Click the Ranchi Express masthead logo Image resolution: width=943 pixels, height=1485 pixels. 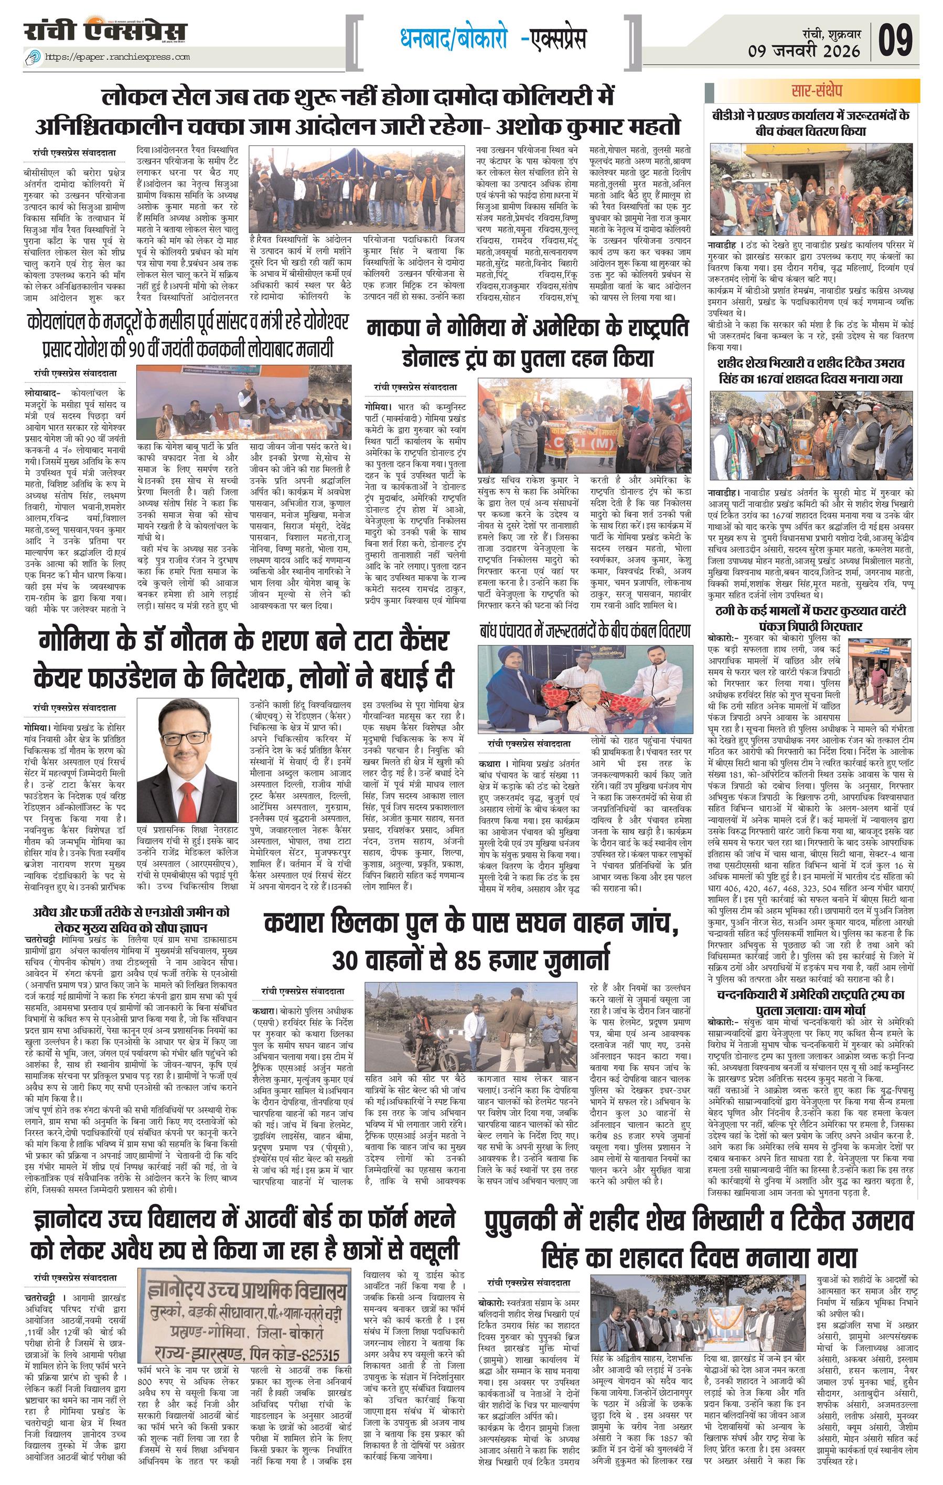point(105,31)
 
